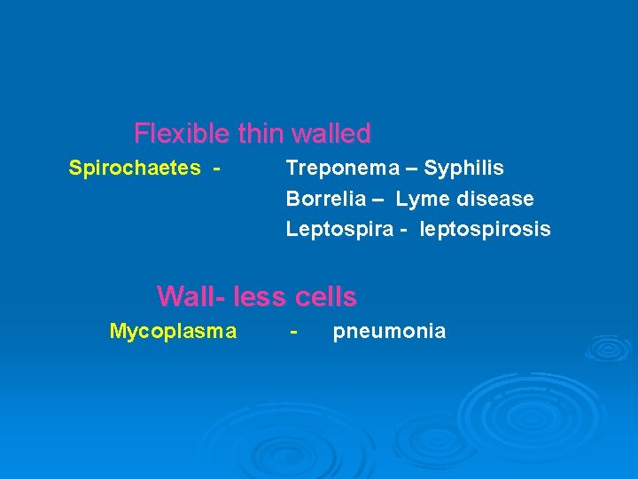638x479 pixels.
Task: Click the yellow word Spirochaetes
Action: pyautogui.click(x=135, y=168)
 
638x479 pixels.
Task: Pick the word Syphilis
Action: pyautogui.click(x=464, y=168)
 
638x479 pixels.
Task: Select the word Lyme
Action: pyautogui.click(x=421, y=199)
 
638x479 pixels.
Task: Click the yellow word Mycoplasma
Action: pyautogui.click(x=173, y=332)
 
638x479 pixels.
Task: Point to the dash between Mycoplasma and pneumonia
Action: pyautogui.click(x=294, y=332)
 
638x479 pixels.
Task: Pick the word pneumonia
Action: pyautogui.click(x=389, y=332)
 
